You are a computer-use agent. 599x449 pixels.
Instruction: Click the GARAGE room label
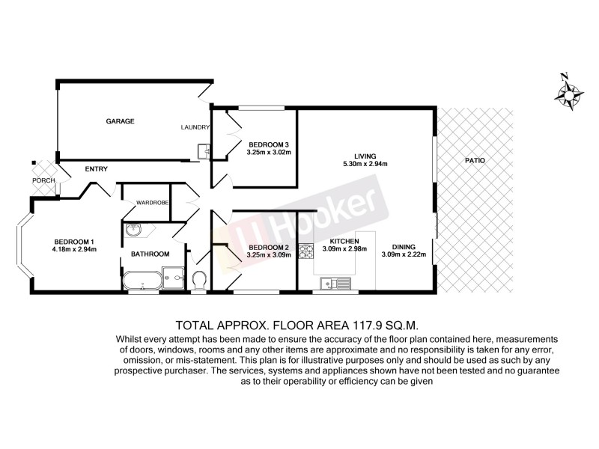[x=120, y=120]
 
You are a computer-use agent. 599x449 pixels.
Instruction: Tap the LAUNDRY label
[x=195, y=127]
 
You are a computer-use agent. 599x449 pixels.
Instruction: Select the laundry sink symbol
[x=204, y=151]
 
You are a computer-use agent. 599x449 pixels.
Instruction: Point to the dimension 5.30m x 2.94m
[x=365, y=165]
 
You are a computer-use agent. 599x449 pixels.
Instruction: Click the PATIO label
[x=474, y=160]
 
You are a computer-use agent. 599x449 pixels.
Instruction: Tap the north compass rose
[x=569, y=94]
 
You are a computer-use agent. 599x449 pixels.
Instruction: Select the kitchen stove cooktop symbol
[x=305, y=252]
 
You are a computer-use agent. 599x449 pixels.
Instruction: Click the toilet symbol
[x=199, y=281]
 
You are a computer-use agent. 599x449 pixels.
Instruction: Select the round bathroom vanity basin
[x=133, y=230]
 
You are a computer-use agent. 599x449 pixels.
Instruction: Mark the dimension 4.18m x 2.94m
[x=75, y=250]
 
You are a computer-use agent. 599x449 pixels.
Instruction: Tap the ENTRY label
[x=97, y=169]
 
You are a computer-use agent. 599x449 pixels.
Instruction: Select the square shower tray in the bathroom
[x=174, y=278]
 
